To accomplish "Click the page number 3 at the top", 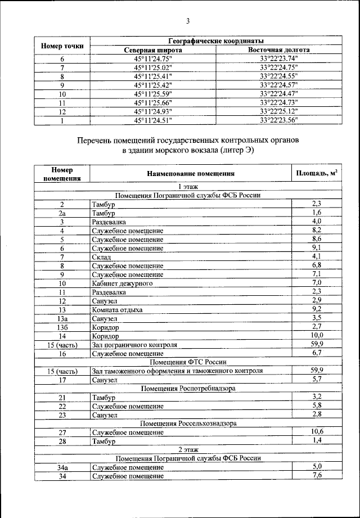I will [x=188, y=22].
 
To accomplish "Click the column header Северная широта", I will [x=153, y=49].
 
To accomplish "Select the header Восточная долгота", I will [x=279, y=49].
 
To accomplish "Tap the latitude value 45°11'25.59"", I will [x=153, y=93].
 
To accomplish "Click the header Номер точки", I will [x=62, y=46].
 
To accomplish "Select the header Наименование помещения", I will [x=191, y=174].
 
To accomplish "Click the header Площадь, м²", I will [x=317, y=174].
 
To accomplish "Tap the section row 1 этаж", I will [x=188, y=186].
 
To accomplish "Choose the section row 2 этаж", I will [x=188, y=450].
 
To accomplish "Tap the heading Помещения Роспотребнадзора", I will [x=188, y=389].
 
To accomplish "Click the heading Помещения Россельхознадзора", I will [x=188, y=424].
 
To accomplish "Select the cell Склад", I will [x=101, y=257].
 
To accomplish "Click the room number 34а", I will [x=62, y=467].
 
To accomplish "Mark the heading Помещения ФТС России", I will [x=188, y=362].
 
